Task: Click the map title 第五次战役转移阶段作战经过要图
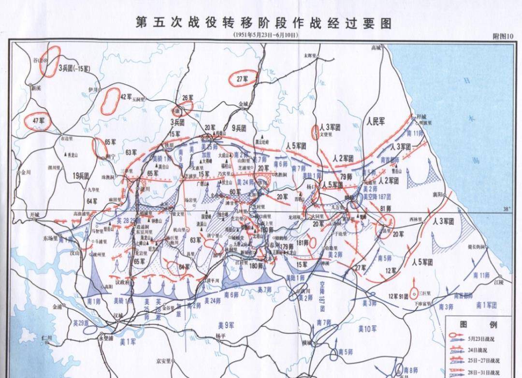[x=263, y=23]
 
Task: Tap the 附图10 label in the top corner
[x=502, y=36]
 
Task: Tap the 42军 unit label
[x=126, y=96]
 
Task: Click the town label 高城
[x=376, y=47]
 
